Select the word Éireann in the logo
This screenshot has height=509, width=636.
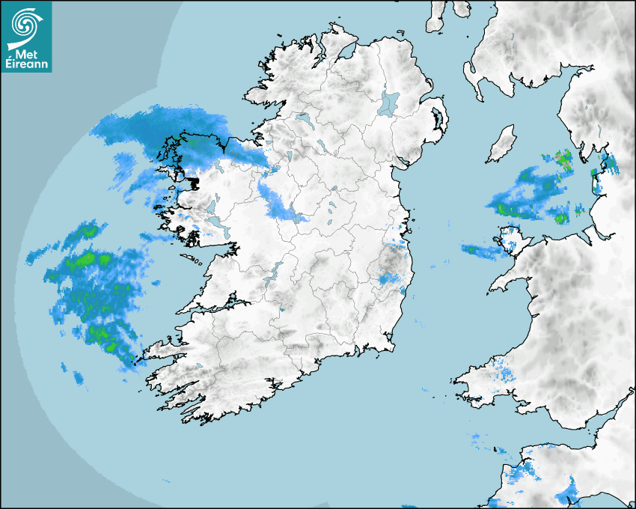click(x=28, y=65)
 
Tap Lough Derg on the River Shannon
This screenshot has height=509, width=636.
click(x=276, y=269)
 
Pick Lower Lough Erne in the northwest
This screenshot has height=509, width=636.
click(x=304, y=118)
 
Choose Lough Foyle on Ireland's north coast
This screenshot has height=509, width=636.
click(x=346, y=55)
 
